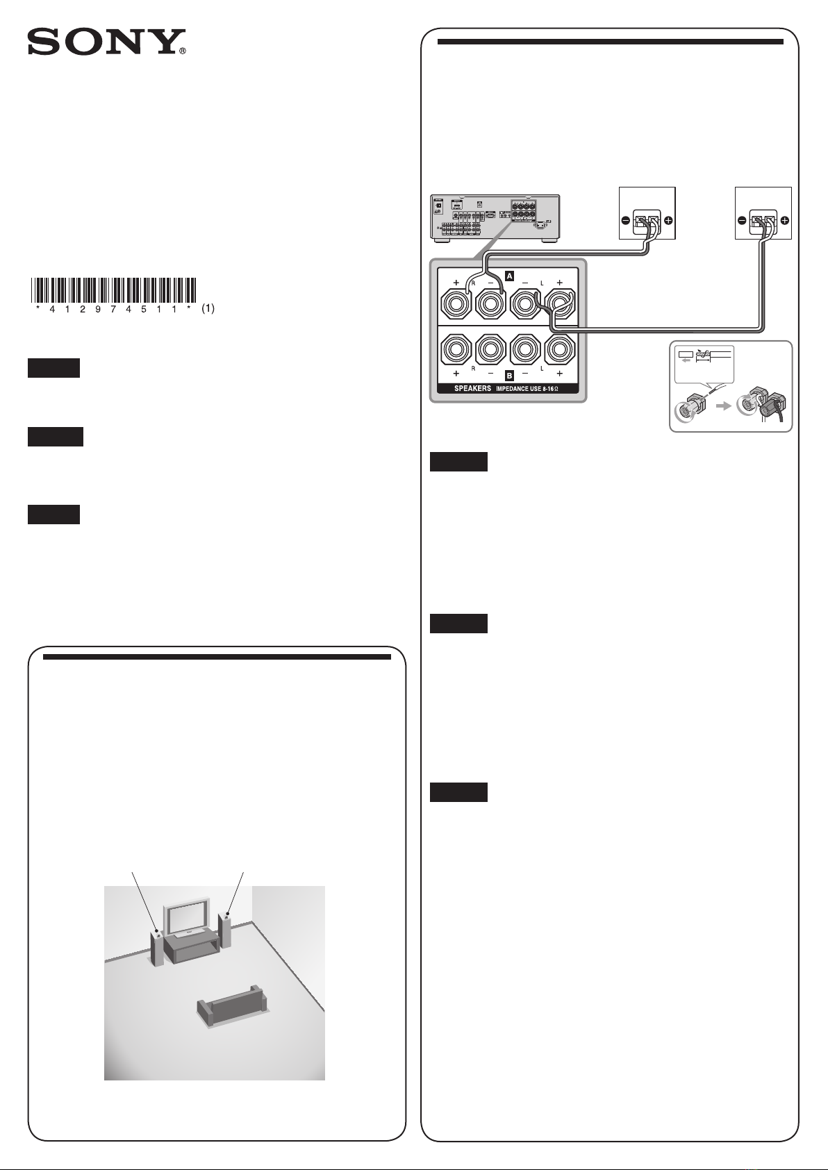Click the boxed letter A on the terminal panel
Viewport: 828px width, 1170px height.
click(509, 276)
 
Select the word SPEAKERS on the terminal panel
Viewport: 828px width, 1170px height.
click(472, 389)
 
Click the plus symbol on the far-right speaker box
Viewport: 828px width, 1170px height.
click(784, 221)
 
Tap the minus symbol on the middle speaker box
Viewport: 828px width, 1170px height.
click(626, 221)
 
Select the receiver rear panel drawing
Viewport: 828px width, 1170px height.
click(495, 218)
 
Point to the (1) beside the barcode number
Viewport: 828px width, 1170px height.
click(208, 310)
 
